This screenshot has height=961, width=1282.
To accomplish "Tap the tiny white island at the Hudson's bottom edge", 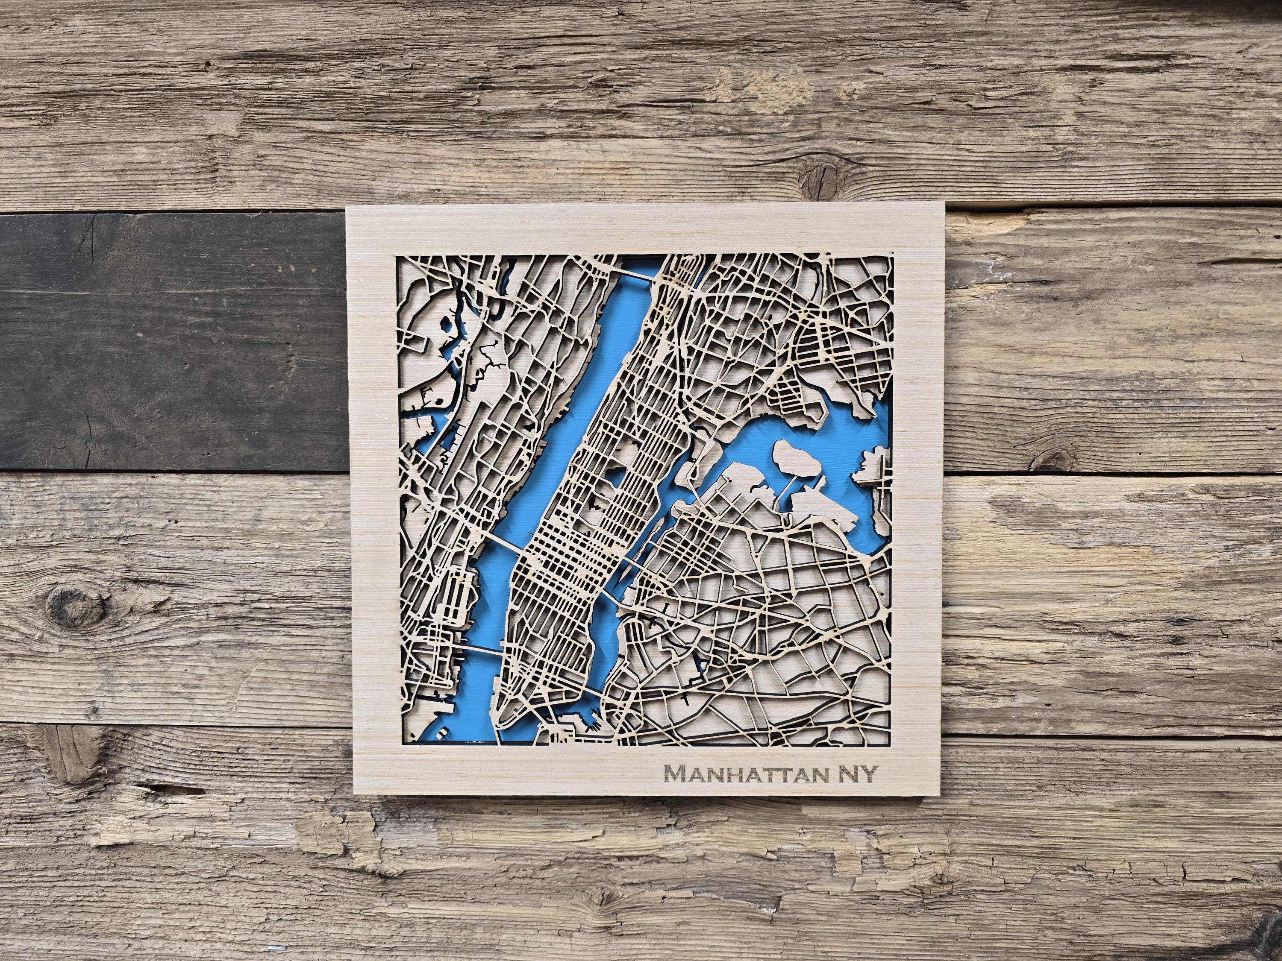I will pos(443,733).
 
